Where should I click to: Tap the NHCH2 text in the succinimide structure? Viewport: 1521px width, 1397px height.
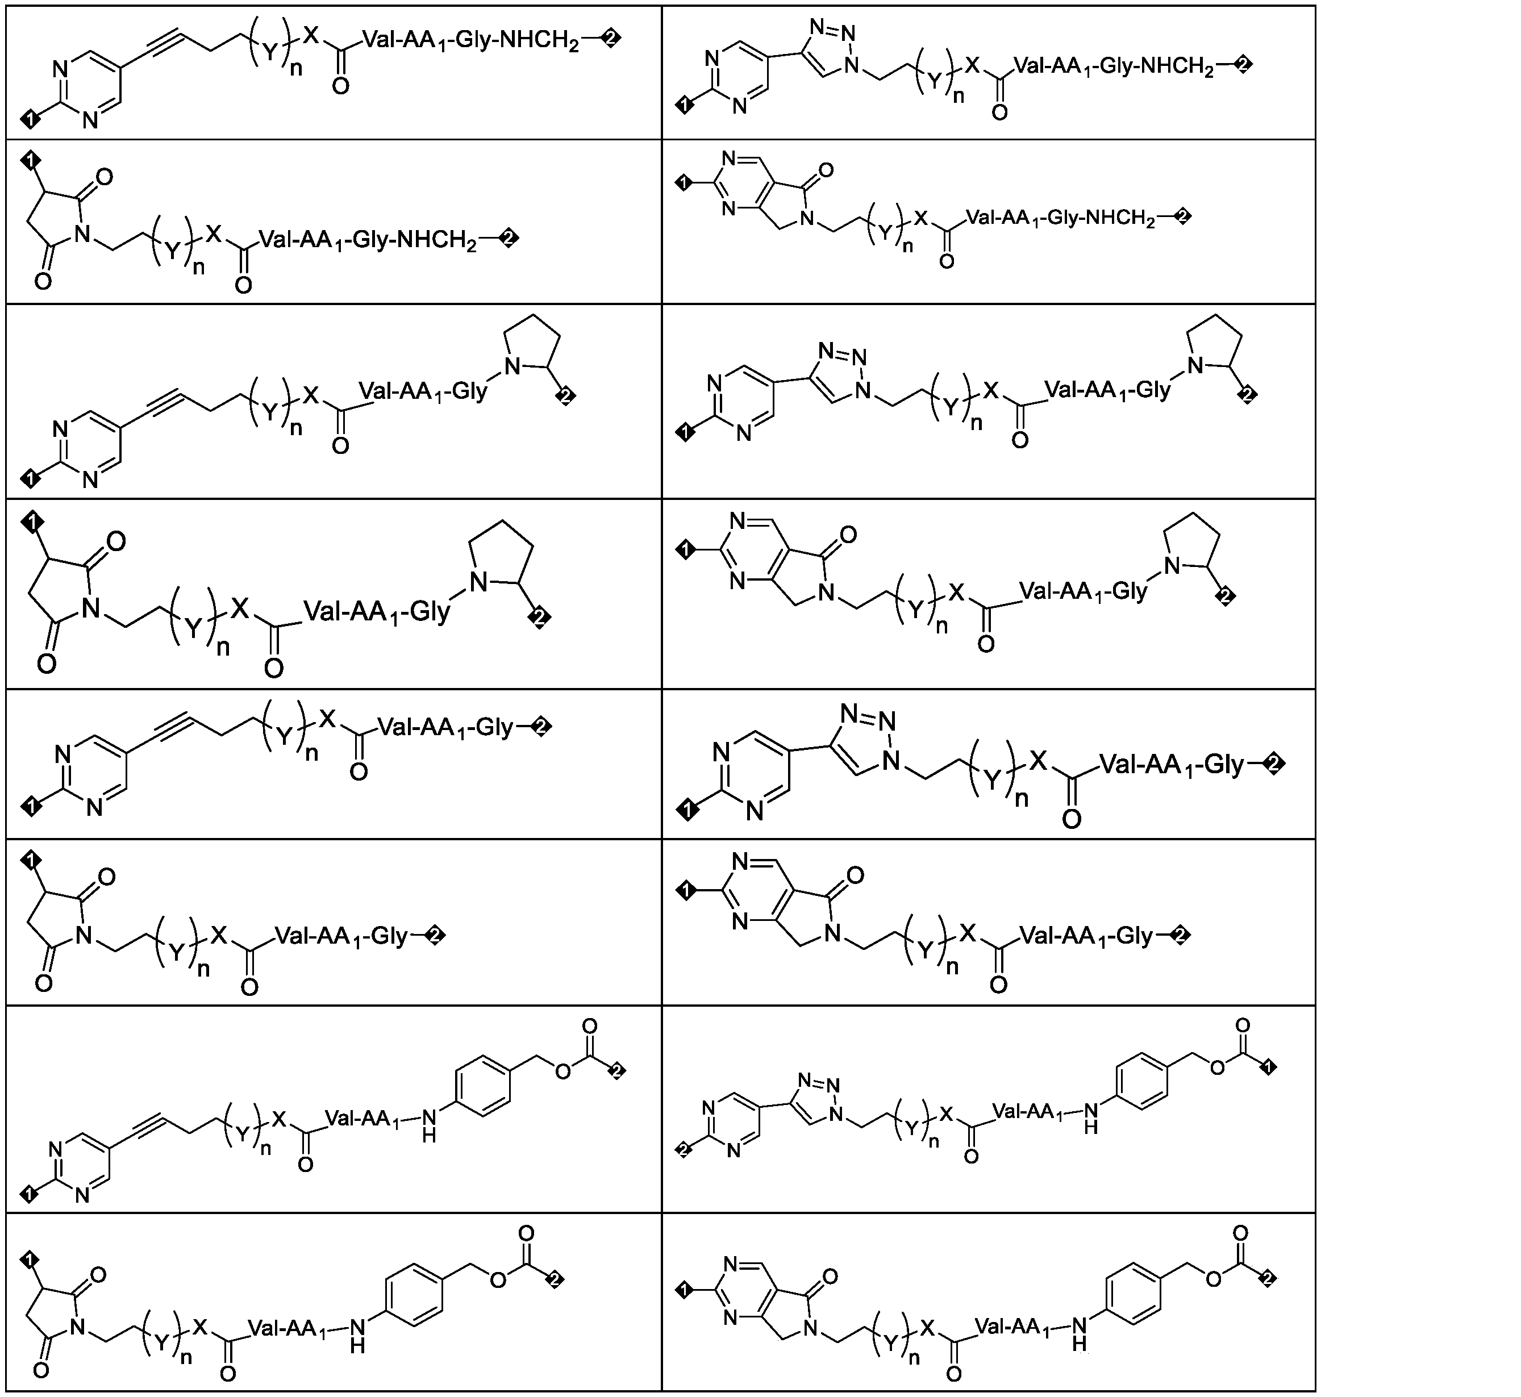pos(437,240)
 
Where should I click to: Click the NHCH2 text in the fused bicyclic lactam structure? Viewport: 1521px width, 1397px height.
pos(1120,219)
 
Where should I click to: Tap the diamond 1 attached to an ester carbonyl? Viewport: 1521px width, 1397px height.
pos(1269,1067)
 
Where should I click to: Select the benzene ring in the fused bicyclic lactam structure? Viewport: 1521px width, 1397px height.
pos(1133,1291)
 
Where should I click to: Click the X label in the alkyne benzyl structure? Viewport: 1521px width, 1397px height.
pos(280,1119)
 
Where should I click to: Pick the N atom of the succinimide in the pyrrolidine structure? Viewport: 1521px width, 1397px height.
pos(91,608)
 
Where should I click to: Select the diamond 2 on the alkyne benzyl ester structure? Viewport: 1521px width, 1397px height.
pos(618,1070)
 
